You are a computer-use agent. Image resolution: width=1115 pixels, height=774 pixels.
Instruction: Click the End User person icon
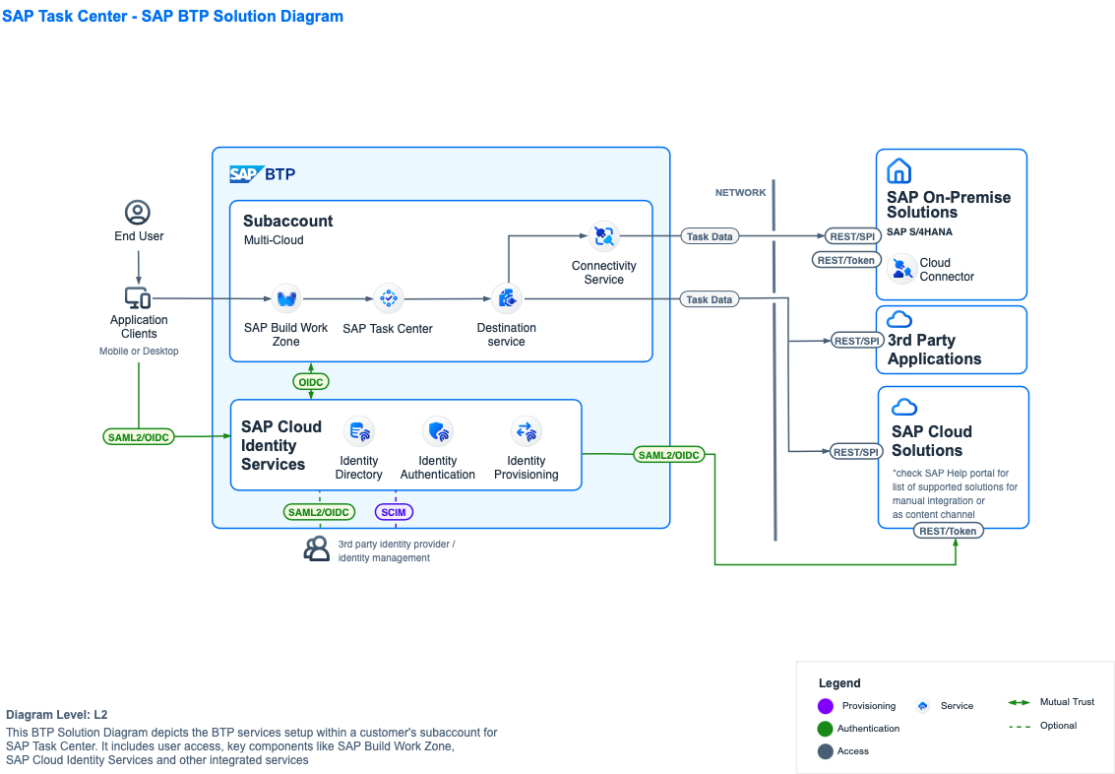[x=138, y=213]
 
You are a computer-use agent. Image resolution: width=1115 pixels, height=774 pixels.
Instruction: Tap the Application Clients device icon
[x=138, y=297]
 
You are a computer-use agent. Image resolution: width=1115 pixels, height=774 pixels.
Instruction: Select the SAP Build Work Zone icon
[x=286, y=298]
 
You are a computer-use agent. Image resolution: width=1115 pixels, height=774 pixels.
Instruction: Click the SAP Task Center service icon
[x=388, y=298]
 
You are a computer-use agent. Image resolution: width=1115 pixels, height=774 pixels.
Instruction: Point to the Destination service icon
[x=507, y=298]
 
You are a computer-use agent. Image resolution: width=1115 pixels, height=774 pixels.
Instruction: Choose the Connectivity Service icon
[x=603, y=236]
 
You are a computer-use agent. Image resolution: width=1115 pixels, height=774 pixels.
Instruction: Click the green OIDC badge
[x=311, y=381]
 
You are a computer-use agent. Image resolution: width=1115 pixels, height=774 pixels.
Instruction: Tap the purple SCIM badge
[x=394, y=512]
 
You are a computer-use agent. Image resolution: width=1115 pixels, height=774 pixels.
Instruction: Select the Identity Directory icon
[x=358, y=431]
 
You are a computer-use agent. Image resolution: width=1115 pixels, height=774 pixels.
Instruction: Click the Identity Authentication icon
[x=438, y=431]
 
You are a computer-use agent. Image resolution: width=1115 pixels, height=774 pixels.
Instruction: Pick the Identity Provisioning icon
[x=527, y=431]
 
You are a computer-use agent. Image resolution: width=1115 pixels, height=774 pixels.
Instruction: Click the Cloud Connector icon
[x=901, y=269]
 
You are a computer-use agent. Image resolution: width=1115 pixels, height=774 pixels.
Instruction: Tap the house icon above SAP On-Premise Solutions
[x=899, y=171]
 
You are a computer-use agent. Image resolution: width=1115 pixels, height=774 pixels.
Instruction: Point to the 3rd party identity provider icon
[x=317, y=549]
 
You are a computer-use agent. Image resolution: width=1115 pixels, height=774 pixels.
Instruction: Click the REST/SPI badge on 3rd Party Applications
[x=856, y=341]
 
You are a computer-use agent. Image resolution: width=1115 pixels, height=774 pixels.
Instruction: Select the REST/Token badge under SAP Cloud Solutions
[x=948, y=531]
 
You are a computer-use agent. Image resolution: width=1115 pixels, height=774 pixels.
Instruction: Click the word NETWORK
[x=740, y=193]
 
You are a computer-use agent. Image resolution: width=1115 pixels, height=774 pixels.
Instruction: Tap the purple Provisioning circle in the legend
[x=826, y=706]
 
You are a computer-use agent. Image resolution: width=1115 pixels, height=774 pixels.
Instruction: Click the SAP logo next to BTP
[x=245, y=174]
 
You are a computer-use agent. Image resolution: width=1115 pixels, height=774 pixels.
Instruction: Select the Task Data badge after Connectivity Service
[x=709, y=236]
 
